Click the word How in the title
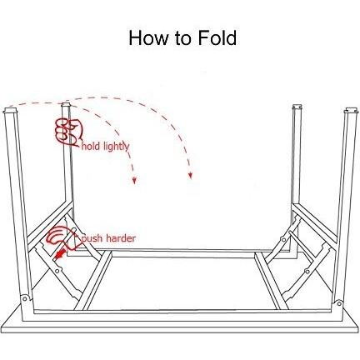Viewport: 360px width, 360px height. click(x=148, y=37)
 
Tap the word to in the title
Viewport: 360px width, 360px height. click(x=183, y=38)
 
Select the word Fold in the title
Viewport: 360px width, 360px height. click(x=217, y=37)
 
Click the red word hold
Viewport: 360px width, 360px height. click(x=90, y=146)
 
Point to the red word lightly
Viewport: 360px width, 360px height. click(x=117, y=147)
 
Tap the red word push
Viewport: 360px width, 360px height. click(x=92, y=238)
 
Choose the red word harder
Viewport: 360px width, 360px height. click(x=121, y=238)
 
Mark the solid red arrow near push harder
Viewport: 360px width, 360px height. click(x=61, y=253)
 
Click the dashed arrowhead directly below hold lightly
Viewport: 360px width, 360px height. click(x=134, y=181)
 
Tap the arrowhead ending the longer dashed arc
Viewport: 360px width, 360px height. click(x=190, y=175)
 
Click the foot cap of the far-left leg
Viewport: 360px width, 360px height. click(x=10, y=113)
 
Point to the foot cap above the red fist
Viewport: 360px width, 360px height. click(x=66, y=106)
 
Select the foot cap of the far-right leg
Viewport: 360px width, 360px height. click(x=352, y=112)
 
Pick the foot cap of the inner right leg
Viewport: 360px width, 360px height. click(x=297, y=107)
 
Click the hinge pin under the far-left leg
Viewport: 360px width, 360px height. click(x=25, y=298)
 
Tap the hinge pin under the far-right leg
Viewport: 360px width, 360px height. click(x=339, y=303)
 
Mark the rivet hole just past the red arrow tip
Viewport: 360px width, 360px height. click(x=57, y=270)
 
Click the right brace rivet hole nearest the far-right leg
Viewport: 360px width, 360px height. click(x=307, y=271)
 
